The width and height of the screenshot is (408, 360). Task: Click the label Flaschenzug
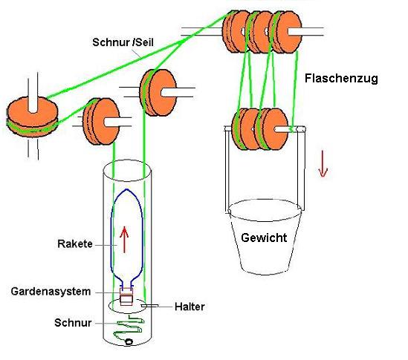[341, 79]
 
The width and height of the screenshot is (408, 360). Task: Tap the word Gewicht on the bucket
[264, 238]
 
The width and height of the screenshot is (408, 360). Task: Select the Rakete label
[75, 243]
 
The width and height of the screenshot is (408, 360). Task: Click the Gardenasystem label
[51, 292]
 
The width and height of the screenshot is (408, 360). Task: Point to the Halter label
[190, 307]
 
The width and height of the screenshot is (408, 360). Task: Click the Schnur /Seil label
[123, 42]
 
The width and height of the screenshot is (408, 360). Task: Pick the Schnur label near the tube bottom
[73, 323]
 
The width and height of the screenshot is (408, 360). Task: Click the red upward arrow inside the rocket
[124, 240]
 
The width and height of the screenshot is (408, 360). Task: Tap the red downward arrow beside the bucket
[323, 164]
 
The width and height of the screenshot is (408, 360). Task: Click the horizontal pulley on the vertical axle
[32, 117]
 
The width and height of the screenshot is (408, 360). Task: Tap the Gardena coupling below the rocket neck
[126, 296]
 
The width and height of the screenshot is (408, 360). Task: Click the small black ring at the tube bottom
[129, 341]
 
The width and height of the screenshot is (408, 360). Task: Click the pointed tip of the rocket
[127, 189]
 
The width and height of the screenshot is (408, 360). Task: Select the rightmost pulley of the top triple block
[286, 32]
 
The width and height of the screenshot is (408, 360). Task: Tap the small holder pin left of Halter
[149, 306]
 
